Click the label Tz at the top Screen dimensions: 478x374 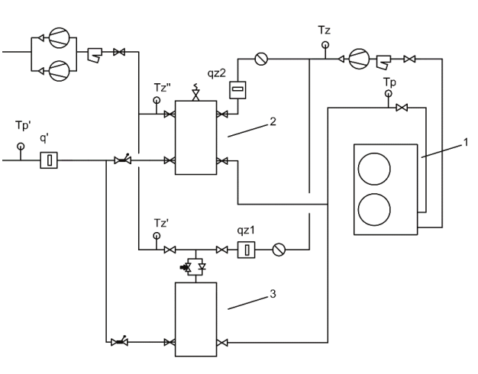coord(324,31)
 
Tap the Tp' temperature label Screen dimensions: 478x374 coord(23,125)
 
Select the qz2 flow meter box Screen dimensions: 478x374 coord(237,90)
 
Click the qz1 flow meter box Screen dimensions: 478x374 coord(247,250)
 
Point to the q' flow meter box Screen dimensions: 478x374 coord(49,160)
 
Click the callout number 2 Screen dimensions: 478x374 coord(273,121)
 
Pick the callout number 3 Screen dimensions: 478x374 coord(273,294)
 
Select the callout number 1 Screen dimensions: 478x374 coord(466,142)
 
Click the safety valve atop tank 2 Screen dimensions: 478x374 coord(195,92)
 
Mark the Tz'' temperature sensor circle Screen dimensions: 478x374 coord(157,100)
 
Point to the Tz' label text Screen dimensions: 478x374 coord(162,223)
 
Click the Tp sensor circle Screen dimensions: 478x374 coord(388,93)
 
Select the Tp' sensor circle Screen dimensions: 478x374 coord(21,147)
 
